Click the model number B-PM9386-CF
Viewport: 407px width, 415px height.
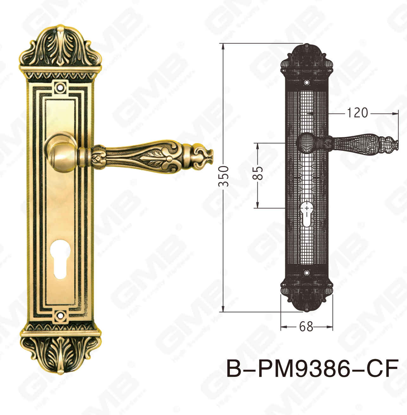pyautogui.click(x=312, y=369)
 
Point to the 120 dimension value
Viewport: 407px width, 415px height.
pyautogui.click(x=357, y=113)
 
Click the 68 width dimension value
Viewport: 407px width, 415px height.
pyautogui.click(x=306, y=326)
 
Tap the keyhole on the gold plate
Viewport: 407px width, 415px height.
pyautogui.click(x=60, y=259)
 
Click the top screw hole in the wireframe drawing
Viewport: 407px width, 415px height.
pyautogui.click(x=307, y=82)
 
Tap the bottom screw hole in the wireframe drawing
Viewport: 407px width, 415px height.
pyautogui.click(x=307, y=273)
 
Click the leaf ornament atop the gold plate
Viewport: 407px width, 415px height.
pyautogui.click(x=60, y=48)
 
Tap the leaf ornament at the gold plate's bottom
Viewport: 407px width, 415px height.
pyautogui.click(x=60, y=353)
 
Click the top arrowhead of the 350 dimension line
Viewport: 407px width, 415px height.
pyautogui.click(x=223, y=46)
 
